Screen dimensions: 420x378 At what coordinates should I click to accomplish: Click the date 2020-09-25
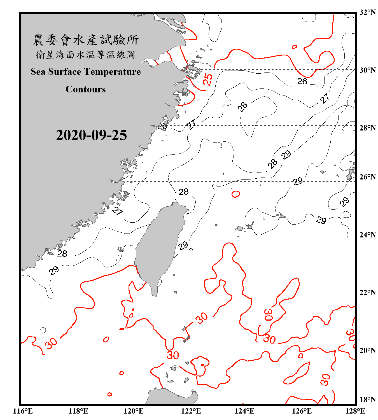point(91,135)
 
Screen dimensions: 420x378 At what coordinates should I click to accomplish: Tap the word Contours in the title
point(86,89)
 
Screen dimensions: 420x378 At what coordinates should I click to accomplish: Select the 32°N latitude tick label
point(367,12)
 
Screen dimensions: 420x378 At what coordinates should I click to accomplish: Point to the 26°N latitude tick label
point(367,177)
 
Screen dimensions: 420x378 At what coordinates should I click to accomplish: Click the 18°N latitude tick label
point(367,399)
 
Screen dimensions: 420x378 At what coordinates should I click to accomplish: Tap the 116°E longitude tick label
point(23,411)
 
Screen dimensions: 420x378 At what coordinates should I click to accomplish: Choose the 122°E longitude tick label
point(191,411)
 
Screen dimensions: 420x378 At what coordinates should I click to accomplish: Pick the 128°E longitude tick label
point(355,411)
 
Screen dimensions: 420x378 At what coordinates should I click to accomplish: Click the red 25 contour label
point(208,79)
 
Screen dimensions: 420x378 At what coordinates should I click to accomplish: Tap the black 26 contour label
point(302,81)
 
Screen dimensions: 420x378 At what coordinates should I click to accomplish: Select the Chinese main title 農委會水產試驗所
point(86,40)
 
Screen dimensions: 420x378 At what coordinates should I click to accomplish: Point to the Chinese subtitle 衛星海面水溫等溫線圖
point(86,55)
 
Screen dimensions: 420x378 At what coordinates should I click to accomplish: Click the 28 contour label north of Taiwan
point(184,192)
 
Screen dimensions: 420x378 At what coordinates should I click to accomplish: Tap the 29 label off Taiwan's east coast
point(183,246)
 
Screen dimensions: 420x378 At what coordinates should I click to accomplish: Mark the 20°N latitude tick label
point(367,350)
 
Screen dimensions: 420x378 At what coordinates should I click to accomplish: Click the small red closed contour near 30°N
point(294,47)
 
